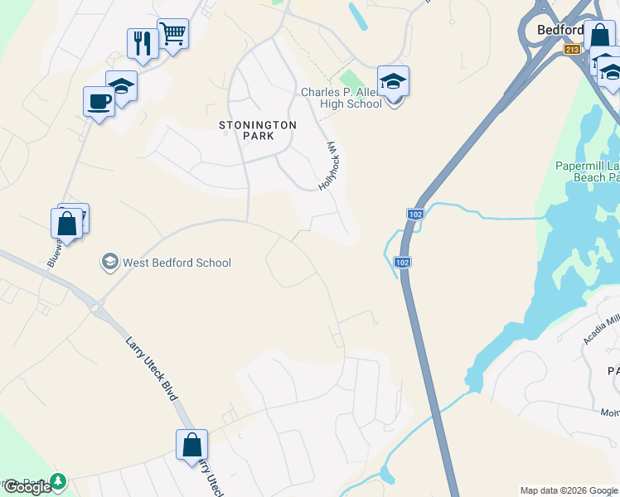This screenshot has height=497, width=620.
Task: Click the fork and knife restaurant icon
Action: pos(143,42)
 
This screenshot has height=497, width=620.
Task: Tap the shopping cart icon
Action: pos(173,34)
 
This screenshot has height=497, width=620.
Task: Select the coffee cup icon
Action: pos(99,101)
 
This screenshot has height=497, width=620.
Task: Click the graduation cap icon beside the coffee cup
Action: pos(121,85)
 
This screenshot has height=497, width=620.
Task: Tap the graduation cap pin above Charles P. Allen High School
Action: pos(393,80)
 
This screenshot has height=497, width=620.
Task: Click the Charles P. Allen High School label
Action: pos(341,98)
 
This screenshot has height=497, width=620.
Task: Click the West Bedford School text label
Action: pos(177,263)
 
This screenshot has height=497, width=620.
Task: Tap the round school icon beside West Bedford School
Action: pos(109,263)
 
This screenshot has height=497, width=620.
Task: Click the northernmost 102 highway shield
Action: pos(414,215)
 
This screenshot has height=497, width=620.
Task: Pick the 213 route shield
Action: pos(572,50)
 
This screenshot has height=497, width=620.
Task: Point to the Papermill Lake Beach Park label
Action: pos(587,171)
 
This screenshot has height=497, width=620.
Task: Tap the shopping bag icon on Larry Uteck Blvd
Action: pos(191,444)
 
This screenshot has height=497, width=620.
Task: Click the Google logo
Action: pos(27,487)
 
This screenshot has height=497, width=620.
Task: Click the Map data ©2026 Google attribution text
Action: pos(568,490)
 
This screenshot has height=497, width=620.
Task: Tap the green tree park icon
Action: pos(57,481)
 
